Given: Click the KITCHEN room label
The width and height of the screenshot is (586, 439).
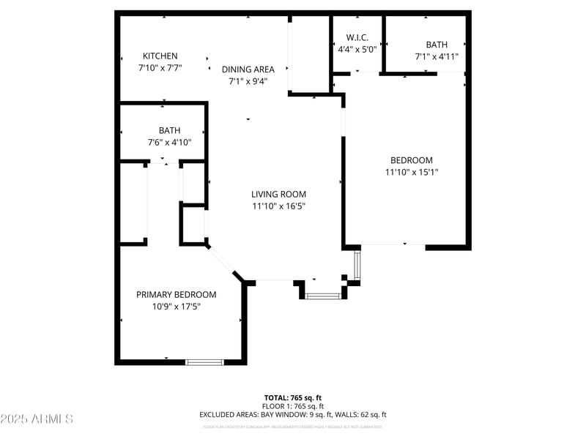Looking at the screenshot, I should pos(160,56).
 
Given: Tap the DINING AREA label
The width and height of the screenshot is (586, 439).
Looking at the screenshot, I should pos(248,70).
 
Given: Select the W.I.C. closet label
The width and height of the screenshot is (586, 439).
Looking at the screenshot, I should pos(357,37).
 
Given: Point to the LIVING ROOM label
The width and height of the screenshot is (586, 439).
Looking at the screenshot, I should pos(278,195).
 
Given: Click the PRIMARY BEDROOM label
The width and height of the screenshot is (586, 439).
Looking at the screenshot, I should pos(177,295).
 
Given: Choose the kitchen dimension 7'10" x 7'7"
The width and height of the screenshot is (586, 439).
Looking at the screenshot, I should pos(160,68).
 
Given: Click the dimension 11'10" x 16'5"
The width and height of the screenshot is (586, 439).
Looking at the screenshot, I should pos(278,206).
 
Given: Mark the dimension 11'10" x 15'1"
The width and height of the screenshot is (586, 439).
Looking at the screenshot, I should pos(411,173).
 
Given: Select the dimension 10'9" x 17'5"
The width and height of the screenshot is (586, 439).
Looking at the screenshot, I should pos(177,307).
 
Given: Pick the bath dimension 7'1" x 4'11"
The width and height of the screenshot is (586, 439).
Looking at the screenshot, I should pos(437,56).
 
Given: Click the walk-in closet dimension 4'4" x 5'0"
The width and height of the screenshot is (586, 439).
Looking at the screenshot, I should pos(357,50).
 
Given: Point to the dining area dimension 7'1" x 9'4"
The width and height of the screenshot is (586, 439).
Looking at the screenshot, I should pos(248,81).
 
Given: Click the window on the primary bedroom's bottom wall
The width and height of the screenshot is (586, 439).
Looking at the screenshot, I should pos(204,361).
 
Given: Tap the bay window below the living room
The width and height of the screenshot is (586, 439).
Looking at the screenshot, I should pos(323,296).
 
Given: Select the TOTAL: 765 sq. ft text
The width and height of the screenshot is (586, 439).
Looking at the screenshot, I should pos(293,397).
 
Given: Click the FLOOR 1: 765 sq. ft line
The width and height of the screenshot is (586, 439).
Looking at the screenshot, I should pos(293,406).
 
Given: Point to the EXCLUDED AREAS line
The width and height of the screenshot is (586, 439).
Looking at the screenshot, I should pos(293,415).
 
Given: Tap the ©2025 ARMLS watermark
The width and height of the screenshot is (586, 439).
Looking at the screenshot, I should pos(37,419).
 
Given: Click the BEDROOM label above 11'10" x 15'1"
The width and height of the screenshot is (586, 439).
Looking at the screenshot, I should pos(411,161).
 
